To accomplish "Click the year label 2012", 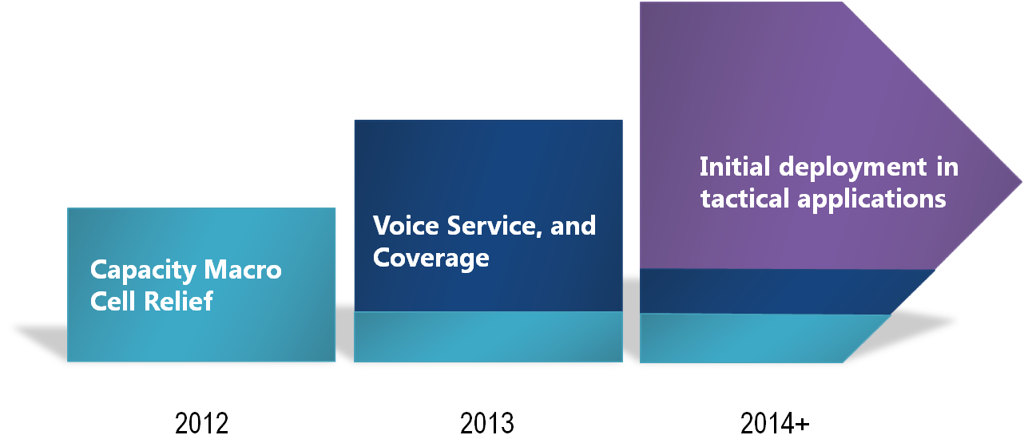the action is [201, 423].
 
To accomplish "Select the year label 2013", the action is [487, 423].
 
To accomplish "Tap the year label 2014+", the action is [775, 423].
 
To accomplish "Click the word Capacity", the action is [143, 271].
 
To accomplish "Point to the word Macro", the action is [243, 270].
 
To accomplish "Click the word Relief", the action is [179, 301].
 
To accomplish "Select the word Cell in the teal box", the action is [113, 301].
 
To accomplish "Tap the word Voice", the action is [406, 225].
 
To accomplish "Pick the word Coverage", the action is [431, 259].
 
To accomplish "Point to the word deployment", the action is [853, 168].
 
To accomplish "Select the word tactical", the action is [745, 199].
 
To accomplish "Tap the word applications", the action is [871, 200].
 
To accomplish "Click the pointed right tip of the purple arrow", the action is [1022, 182].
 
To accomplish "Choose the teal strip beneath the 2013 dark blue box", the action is [488, 337].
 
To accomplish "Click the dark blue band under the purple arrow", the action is [777, 291].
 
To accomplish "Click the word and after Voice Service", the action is [574, 225].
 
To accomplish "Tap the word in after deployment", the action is [947, 167].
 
